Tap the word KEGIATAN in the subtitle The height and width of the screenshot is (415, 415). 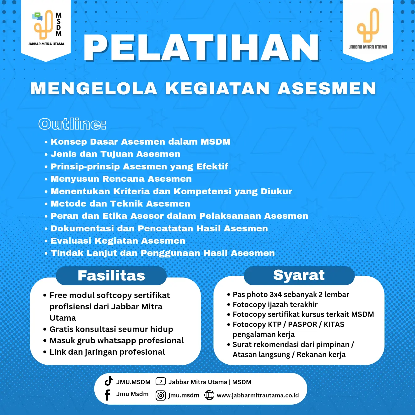tap(218, 88)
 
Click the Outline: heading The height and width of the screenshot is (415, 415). tap(72, 124)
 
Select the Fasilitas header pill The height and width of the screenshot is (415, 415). tap(111, 276)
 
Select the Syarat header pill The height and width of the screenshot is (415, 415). tap(299, 275)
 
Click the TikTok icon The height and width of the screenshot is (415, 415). tap(109, 381)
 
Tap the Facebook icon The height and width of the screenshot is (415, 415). tap(107, 395)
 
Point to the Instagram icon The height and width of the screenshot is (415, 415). tap(161, 396)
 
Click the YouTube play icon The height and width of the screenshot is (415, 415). tap(161, 381)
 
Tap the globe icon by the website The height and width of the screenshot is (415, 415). tap(209, 395)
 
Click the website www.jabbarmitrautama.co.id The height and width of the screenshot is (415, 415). tap(258, 396)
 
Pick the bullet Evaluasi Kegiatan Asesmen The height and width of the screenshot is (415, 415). tap(118, 241)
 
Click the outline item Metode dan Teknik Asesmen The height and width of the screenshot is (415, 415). tap(120, 204)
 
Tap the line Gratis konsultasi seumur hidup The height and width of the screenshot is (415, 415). tap(111, 329)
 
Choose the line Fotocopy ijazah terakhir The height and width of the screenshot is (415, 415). tap(275, 305)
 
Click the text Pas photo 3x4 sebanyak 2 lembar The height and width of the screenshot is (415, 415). tap(291, 295)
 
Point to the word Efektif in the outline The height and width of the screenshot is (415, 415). tap(212, 167)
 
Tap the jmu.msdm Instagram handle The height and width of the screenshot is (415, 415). tap(184, 396)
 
